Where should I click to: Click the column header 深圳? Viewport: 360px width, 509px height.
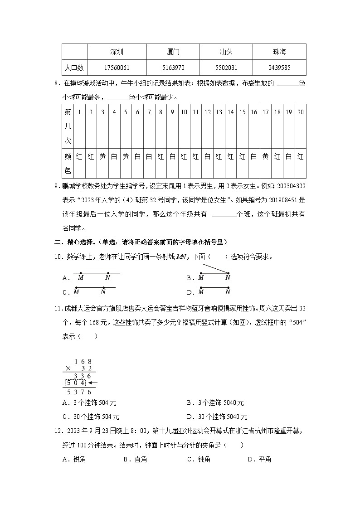tap(117, 52)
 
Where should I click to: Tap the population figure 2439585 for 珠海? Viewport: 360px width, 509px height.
tap(279, 68)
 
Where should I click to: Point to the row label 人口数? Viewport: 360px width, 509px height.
tap(74, 68)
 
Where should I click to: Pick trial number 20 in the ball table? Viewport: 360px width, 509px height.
tap(300, 112)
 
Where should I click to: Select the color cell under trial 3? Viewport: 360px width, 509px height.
tap(102, 157)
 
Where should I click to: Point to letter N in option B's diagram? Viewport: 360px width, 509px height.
tap(228, 278)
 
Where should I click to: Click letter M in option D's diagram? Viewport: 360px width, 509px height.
tap(201, 292)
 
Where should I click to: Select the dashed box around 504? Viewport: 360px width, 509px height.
tap(76, 383)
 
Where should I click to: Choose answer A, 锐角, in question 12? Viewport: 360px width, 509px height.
tap(75, 459)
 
